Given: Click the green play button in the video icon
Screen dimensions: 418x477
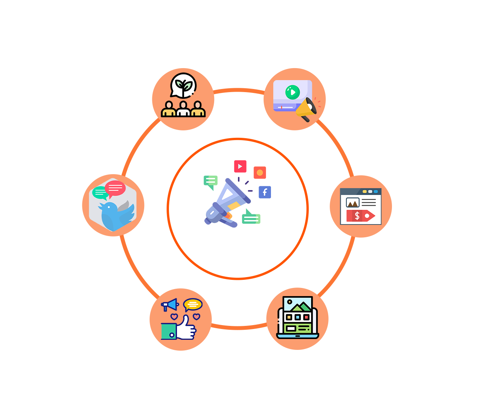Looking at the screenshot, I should click(293, 92).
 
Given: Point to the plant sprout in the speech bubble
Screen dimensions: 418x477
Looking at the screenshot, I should click(184, 84).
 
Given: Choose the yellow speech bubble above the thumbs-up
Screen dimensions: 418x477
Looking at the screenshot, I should click(193, 304).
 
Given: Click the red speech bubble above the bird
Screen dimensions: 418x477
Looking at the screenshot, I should click(115, 188).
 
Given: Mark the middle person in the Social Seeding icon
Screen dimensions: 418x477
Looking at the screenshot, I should click(183, 109).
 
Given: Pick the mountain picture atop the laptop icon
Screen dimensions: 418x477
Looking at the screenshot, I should click(297, 305).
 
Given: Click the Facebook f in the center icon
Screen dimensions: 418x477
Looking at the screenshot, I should click(265, 192).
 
